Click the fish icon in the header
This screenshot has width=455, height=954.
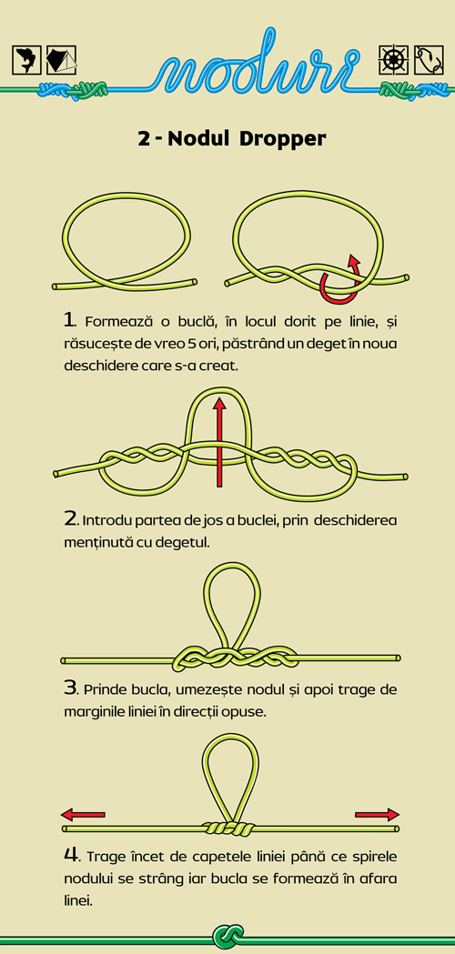26,60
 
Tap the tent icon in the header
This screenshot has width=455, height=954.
62,60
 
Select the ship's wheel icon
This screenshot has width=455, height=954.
393,60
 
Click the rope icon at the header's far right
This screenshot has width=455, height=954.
429,60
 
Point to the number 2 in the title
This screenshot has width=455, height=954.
144,139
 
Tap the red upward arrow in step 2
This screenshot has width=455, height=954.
220,442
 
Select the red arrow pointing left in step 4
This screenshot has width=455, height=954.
84,815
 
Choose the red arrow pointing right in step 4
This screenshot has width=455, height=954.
377,815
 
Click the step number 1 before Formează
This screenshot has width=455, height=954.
69,319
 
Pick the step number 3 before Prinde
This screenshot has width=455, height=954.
70,688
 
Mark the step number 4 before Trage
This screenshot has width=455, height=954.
71,855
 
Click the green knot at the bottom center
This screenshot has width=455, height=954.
228,937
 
